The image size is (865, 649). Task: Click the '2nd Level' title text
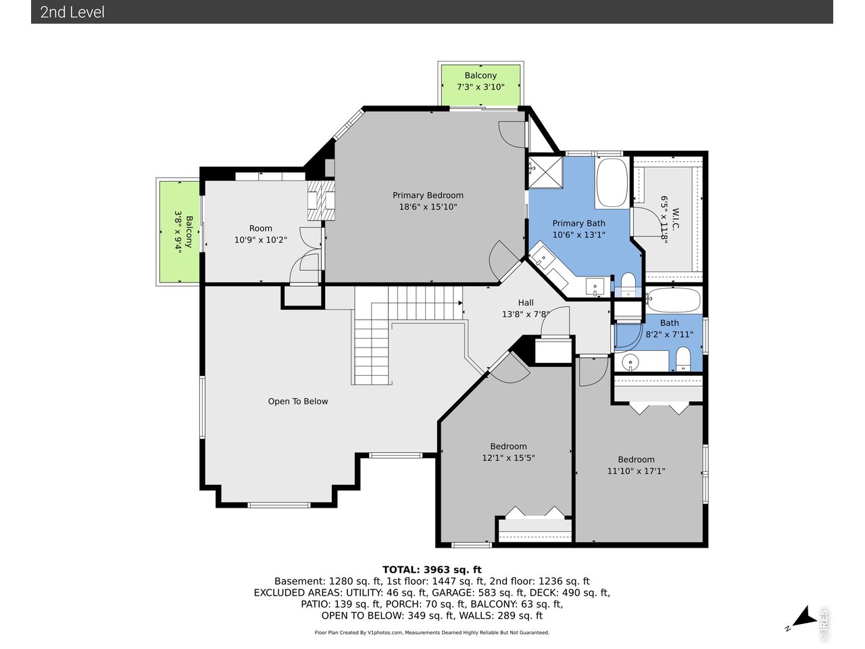point(72,12)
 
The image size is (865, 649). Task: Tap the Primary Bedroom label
point(428,195)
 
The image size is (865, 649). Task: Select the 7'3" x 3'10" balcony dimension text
point(480,87)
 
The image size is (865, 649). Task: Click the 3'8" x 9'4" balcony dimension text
point(178,232)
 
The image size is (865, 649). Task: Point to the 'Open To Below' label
point(297,401)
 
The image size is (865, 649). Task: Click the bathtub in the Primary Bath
point(612,182)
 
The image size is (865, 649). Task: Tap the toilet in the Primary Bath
point(628,285)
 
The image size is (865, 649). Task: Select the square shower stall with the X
point(545,172)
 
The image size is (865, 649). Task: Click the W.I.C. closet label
point(675,219)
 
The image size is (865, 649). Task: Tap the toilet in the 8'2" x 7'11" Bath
point(683,360)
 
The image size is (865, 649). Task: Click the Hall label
point(526,303)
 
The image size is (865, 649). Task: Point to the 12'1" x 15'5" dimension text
point(508,458)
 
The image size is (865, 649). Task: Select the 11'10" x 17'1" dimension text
point(636,471)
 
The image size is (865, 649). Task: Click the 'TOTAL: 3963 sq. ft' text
point(432,570)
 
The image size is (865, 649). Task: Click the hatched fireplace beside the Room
point(321,201)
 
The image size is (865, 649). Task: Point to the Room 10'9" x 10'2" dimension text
point(260,239)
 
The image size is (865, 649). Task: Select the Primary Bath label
point(578,223)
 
